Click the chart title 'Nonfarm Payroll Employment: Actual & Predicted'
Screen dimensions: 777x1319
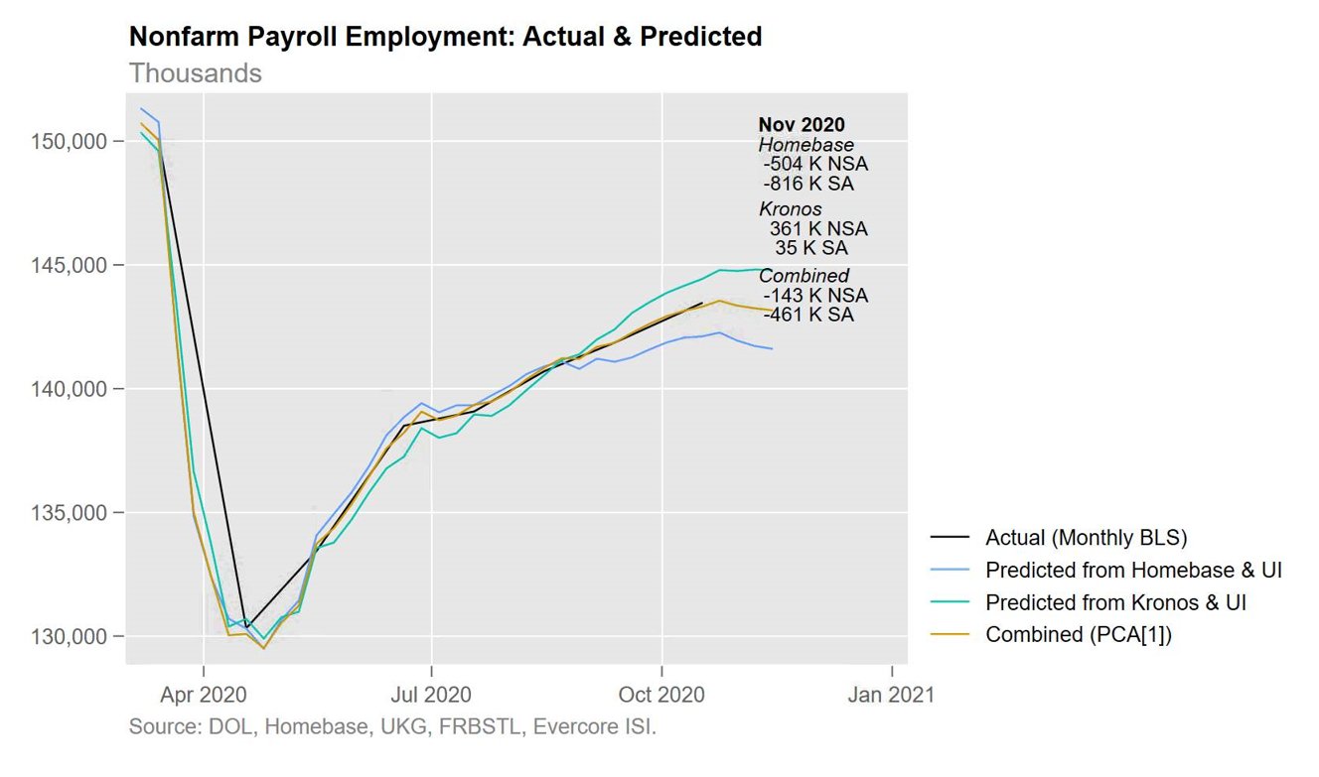click(x=445, y=38)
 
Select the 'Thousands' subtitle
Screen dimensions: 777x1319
click(x=196, y=73)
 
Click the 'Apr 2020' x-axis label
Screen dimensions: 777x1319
click(x=204, y=694)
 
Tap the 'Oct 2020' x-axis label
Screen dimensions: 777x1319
click(x=661, y=694)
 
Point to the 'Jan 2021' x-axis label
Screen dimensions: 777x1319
click(x=891, y=694)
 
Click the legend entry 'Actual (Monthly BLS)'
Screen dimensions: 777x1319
click(x=1086, y=538)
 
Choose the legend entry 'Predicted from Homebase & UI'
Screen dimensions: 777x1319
click(x=1133, y=571)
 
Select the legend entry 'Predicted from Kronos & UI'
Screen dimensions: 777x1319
click(x=1115, y=602)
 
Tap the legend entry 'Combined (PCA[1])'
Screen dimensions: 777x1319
click(x=1079, y=635)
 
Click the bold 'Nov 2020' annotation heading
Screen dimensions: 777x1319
click(x=802, y=125)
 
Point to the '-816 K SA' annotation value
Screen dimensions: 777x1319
click(x=808, y=184)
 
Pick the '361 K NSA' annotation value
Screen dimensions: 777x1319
click(x=817, y=229)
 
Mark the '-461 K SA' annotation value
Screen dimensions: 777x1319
click(x=808, y=316)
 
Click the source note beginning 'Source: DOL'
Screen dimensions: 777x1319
click(x=392, y=726)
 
